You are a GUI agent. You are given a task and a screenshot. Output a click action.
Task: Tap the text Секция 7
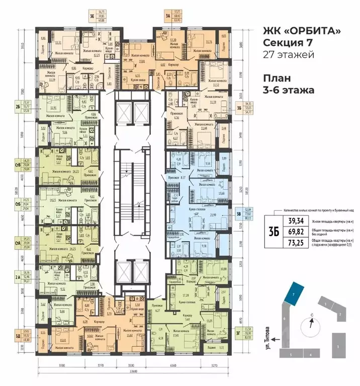pyautogui.click(x=284, y=43)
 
